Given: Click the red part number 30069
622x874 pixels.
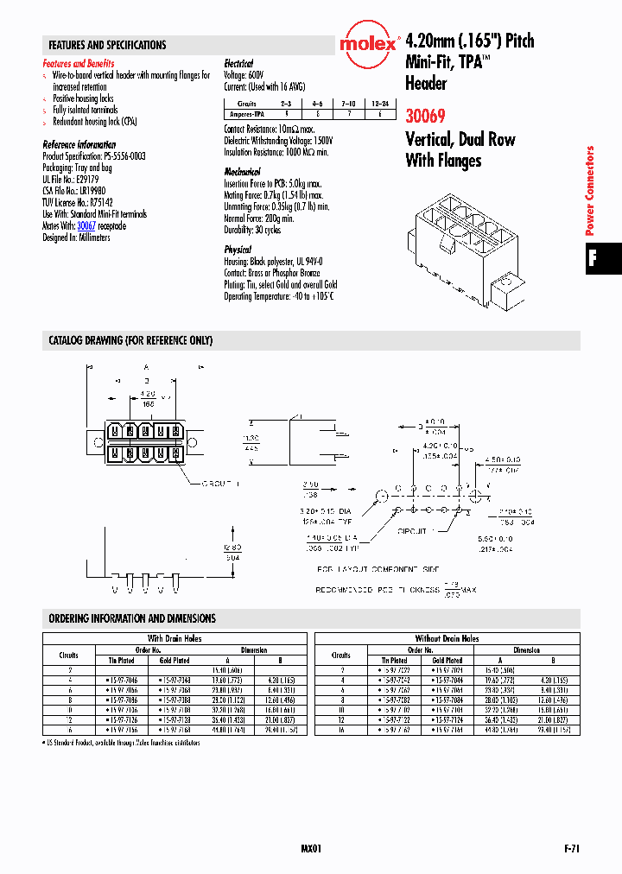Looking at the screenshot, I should pos(426,114).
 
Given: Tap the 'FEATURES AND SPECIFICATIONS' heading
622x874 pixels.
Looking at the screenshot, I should pos(107,45).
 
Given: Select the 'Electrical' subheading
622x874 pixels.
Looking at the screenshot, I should pos(238,64).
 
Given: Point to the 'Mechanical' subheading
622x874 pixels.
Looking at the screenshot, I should pos(242,172).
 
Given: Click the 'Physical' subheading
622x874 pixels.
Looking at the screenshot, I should pos(238,249).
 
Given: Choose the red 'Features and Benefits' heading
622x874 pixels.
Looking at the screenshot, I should pos(78,64).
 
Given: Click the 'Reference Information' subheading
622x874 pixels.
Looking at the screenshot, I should pos(79,144).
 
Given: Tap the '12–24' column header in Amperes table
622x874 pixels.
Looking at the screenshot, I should pos(379,103).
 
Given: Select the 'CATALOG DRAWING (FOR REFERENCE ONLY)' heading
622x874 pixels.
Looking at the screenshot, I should pos(130,340).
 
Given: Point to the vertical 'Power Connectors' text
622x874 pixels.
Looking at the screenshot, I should pos(591,191).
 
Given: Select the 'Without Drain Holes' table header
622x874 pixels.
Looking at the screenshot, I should pos(447,638).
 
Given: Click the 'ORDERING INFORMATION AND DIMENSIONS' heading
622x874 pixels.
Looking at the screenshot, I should pos(132,618).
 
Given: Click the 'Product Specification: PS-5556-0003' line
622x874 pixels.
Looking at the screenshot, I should pos(94,156).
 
